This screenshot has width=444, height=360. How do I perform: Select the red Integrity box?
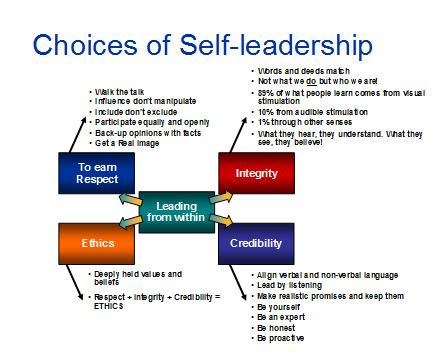click(x=249, y=174)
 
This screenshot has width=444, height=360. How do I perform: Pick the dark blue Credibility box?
click(x=250, y=243)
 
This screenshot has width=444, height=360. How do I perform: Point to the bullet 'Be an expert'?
click(x=283, y=317)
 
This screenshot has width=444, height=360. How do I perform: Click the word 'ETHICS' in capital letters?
click(x=109, y=307)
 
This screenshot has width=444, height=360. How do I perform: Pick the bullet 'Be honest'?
click(x=279, y=327)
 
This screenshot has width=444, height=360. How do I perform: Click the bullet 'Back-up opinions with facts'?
click(x=145, y=131)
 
